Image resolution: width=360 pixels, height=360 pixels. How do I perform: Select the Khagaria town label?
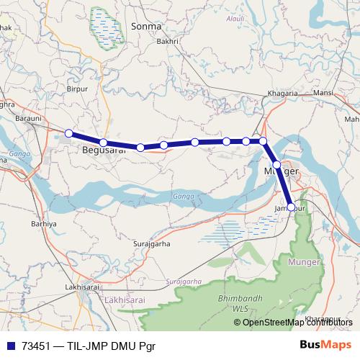tap(284, 94)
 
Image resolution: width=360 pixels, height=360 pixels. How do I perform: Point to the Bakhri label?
tap(167, 42)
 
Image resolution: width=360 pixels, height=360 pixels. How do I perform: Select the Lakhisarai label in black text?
tap(81, 287)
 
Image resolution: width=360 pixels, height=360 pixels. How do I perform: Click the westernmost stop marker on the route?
tap(69, 133)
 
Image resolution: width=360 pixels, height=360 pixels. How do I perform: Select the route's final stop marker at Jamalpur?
tap(291, 207)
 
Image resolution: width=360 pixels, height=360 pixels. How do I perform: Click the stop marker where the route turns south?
tap(264, 141)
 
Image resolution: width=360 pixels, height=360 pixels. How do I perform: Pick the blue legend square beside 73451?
tap(10, 345)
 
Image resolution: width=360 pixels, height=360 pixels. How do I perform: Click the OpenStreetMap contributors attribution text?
tap(298, 322)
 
